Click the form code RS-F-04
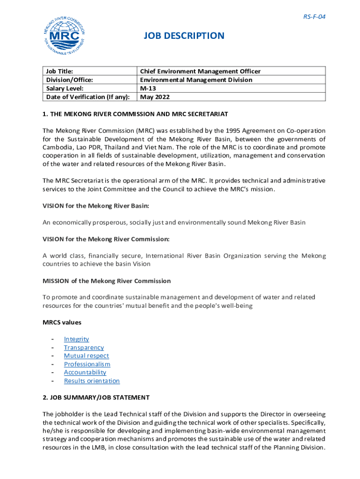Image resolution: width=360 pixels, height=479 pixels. (x=314, y=17)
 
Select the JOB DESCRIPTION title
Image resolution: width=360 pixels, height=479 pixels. (x=184, y=36)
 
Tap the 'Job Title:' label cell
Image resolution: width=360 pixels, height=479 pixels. (x=60, y=71)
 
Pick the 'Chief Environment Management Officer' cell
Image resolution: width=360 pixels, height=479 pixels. (x=200, y=71)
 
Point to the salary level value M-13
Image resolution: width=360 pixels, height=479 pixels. (x=149, y=88)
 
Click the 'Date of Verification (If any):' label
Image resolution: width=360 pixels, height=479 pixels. (x=87, y=97)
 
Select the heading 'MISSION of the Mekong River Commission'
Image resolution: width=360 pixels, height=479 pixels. (x=107, y=281)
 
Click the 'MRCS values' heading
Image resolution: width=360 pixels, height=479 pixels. (x=62, y=322)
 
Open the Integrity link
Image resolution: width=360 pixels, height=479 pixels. (x=76, y=339)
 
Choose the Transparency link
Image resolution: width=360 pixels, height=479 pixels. (x=84, y=348)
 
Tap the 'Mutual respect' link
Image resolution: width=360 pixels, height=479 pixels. (x=86, y=356)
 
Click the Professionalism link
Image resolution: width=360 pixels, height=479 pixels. (x=87, y=364)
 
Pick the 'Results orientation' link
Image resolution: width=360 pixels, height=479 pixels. (x=92, y=381)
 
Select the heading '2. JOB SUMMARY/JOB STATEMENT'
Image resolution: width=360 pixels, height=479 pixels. (x=96, y=398)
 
